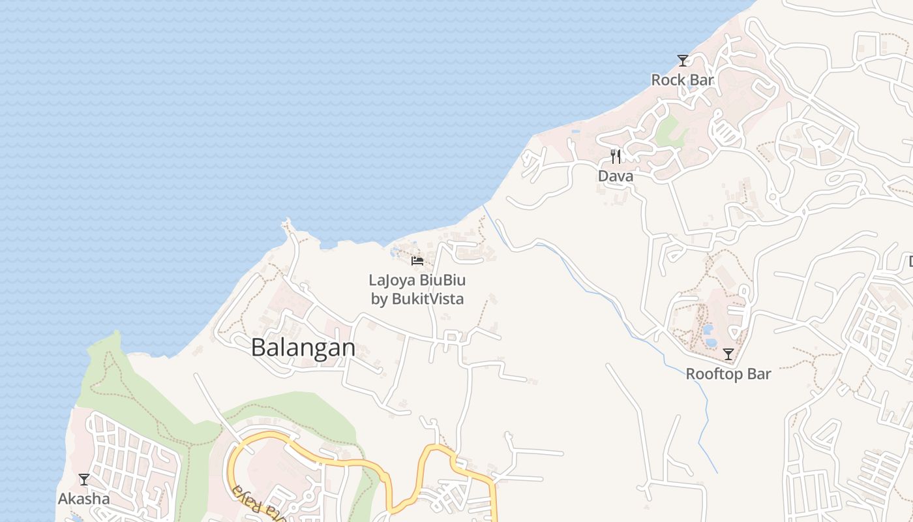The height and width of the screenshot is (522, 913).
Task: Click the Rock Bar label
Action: pos(683,80)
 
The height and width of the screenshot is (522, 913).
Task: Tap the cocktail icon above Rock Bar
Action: pos(683,61)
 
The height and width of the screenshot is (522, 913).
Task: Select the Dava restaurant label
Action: pos(616,176)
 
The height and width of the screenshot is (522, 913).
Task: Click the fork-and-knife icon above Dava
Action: pos(615,157)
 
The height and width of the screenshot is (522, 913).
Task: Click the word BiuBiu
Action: pos(443,281)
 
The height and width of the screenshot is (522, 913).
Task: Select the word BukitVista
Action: pos(427,299)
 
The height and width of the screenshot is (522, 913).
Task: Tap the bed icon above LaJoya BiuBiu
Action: pos(417,261)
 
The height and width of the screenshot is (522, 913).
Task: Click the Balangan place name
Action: pos(303,348)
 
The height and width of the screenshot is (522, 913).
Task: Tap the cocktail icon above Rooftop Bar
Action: pos(728,354)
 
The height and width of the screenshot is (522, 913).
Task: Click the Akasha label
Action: pos(84,499)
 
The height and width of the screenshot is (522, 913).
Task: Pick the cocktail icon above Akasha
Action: pos(84,480)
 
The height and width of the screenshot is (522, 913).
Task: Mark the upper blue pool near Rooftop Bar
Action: pos(708,330)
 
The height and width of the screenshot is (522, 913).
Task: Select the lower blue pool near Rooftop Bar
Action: pos(711,342)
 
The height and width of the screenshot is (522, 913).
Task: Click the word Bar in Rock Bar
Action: pos(701,80)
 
